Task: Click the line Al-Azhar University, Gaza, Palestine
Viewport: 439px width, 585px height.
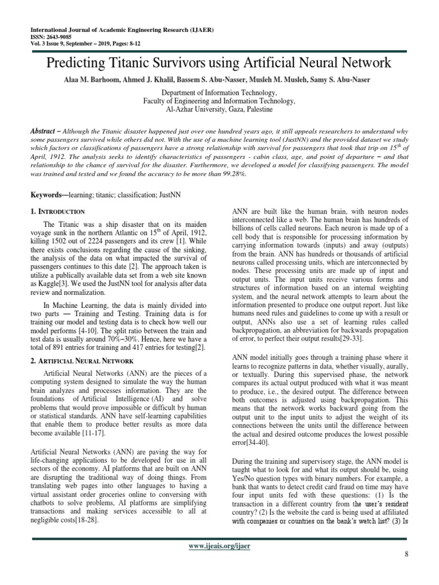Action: [219, 109]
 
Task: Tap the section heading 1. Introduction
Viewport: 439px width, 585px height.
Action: [57, 211]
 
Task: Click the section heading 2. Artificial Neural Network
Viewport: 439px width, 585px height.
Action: [81, 362]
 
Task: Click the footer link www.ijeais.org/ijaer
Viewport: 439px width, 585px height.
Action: [219, 546]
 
